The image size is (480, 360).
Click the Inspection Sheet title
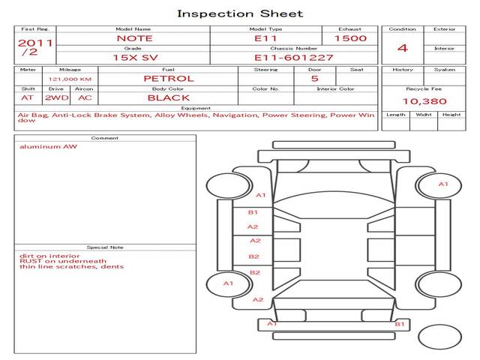tap(240, 13)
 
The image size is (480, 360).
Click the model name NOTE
tap(134, 38)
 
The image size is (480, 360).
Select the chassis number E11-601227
tap(294, 57)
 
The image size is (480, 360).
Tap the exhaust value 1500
tap(350, 38)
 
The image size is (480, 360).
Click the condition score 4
tap(402, 48)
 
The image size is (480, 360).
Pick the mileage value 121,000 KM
tap(70, 79)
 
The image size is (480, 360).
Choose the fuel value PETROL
tap(168, 78)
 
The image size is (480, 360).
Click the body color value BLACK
tap(168, 97)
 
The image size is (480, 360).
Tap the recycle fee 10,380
tap(424, 101)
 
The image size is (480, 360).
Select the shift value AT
tap(28, 97)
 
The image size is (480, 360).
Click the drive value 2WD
tap(55, 97)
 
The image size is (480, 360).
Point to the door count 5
tap(314, 78)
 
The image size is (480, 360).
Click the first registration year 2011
tap(35, 43)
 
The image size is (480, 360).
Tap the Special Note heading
tap(105, 247)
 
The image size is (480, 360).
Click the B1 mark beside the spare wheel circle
tap(400, 324)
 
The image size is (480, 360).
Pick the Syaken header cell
tap(444, 70)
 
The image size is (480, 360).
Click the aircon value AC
tap(85, 97)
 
